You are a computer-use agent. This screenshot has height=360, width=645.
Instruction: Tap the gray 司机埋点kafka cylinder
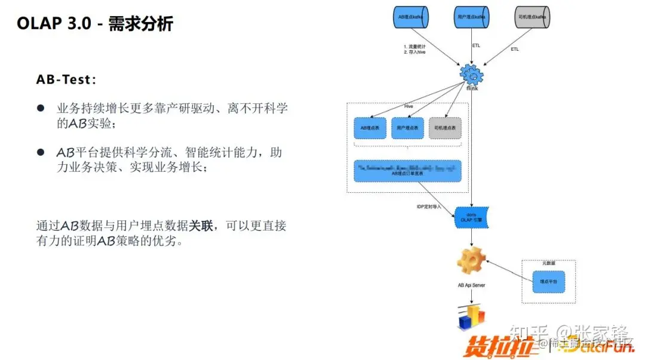532,18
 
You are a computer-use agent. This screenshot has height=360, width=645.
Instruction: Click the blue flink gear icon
471,75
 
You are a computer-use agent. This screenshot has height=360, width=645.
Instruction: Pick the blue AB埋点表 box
370,128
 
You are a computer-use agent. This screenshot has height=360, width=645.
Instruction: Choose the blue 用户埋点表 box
407,128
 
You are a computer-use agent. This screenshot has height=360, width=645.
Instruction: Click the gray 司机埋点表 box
445,128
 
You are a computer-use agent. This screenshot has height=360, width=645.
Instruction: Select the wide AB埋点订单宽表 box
407,171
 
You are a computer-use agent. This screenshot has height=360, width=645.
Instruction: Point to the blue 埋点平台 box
548,281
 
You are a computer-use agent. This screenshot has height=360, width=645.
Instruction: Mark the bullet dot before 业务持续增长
41,108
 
